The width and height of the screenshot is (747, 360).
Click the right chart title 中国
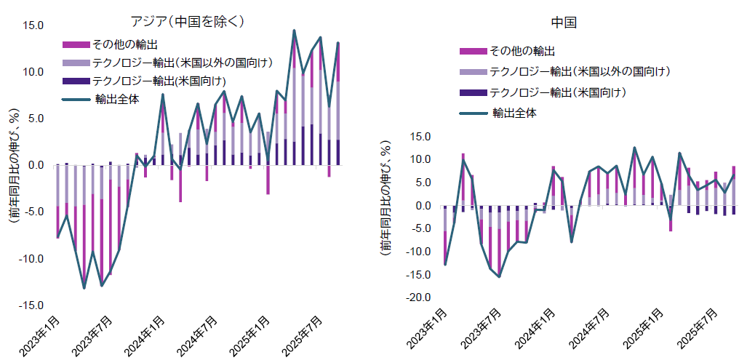(x=564, y=23)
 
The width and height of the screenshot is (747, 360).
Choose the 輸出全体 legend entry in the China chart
(x=514, y=113)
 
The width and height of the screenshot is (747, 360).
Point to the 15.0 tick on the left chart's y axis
(x=33, y=25)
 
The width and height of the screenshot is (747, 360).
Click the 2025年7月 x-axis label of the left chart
(x=305, y=336)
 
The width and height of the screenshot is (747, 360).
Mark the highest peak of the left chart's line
(x=294, y=31)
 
